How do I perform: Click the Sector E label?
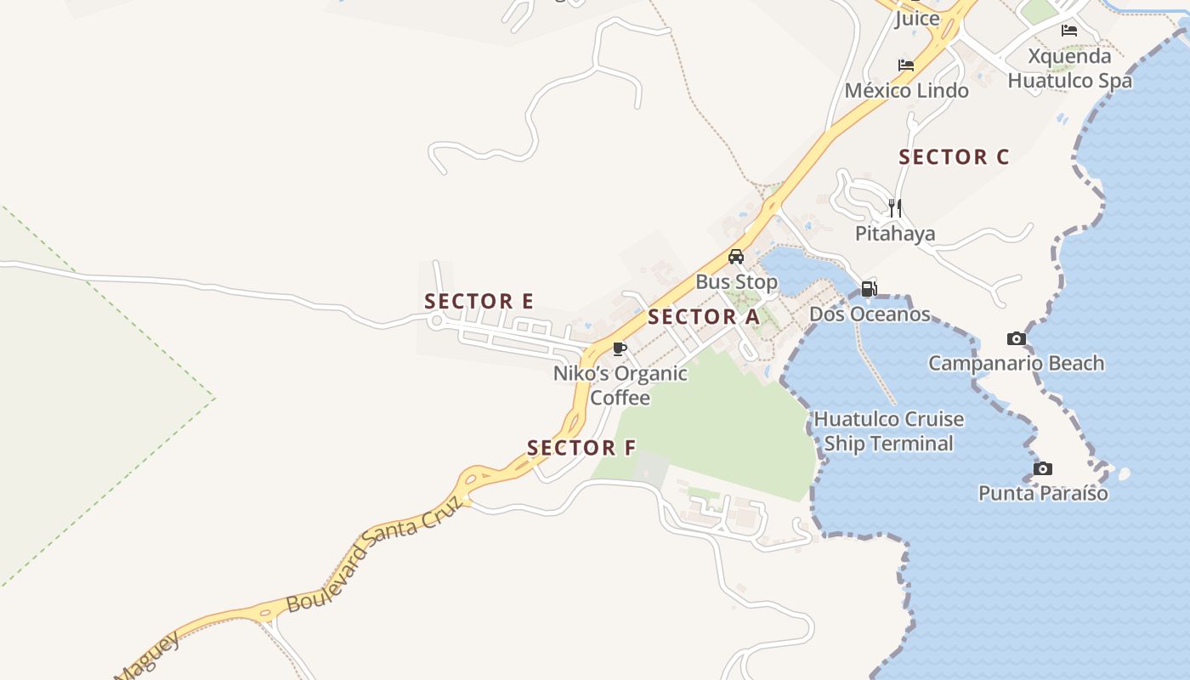coord(479,301)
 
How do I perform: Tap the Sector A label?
coord(703,317)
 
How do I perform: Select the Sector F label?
coord(581,448)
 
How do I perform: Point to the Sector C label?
coord(954,157)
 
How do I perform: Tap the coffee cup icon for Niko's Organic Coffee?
coord(620,348)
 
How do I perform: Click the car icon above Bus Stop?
coord(736,257)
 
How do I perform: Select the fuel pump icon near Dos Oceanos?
coord(869,289)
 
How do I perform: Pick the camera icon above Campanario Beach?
coord(1016,338)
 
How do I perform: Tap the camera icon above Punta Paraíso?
coord(1043,468)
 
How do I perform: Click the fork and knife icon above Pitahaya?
coord(894,207)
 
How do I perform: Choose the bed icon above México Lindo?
coord(906,65)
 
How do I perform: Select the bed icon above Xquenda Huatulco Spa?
coord(1069,31)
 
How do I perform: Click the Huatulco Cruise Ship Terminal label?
coord(889,431)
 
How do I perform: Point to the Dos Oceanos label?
coord(870,314)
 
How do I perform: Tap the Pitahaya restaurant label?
coord(895,234)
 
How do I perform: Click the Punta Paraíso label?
coord(1043,493)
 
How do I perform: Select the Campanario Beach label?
coord(1016,364)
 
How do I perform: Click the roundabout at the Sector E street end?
coord(437,320)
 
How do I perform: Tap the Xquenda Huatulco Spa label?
coord(1069,69)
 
